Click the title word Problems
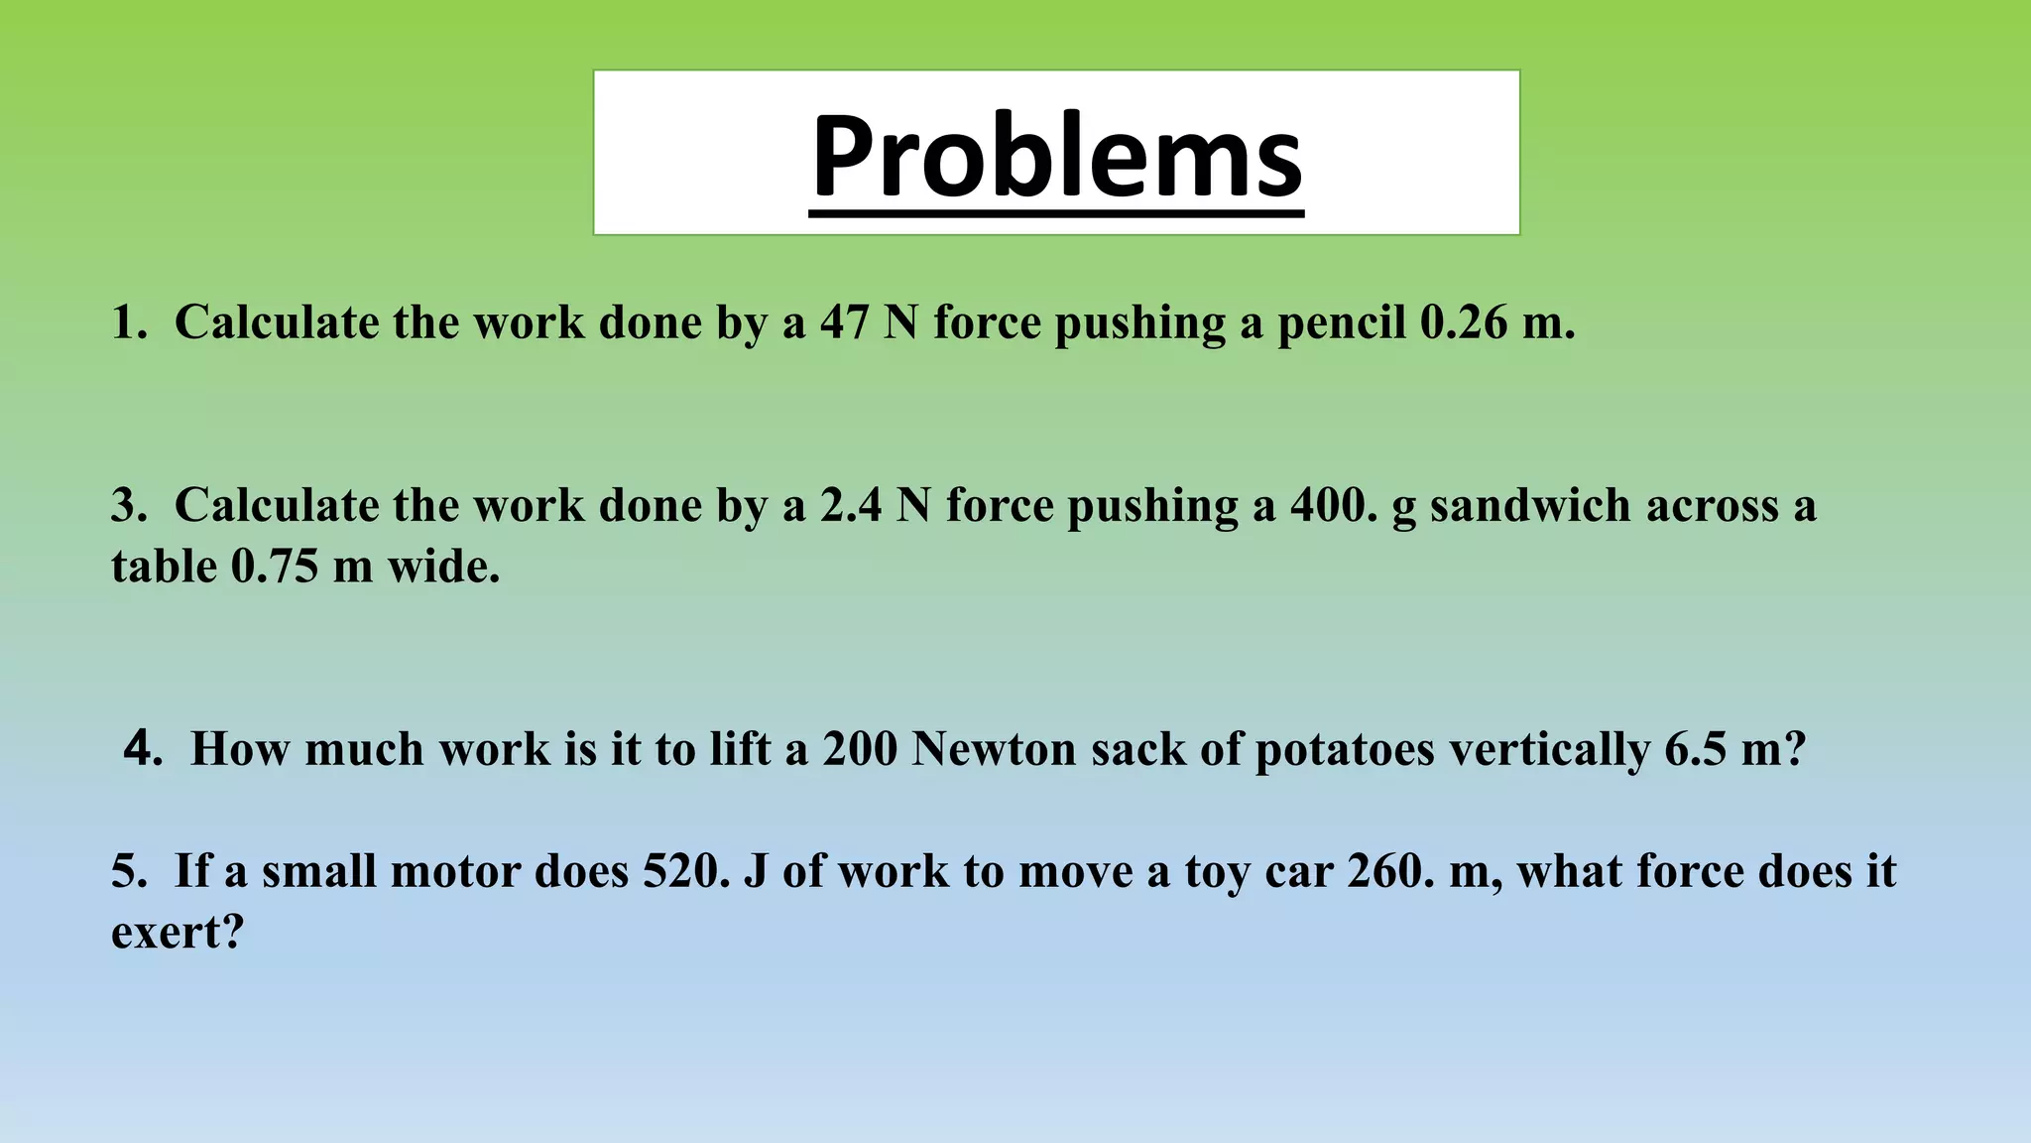point(1056,157)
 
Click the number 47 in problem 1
point(844,322)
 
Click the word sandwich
point(1531,505)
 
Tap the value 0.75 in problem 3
point(275,567)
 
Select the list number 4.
point(142,747)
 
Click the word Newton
point(994,749)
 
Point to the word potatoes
point(1345,749)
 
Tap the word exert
point(170,933)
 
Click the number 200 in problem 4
point(860,749)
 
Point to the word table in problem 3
point(164,567)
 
